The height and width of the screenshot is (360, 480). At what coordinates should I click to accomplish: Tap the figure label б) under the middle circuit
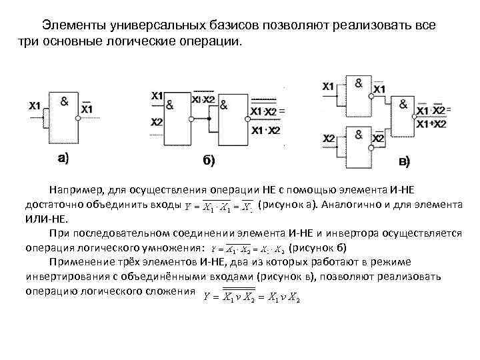point(208,160)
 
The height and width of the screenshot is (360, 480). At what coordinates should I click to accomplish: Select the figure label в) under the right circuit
point(405,161)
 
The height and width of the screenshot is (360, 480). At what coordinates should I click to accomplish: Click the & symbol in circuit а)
point(65,101)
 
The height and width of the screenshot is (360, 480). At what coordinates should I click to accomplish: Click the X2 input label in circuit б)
point(157,122)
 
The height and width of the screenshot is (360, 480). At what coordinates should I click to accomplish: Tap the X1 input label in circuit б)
point(157,96)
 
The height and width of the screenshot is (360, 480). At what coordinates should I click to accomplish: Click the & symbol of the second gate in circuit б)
point(223,104)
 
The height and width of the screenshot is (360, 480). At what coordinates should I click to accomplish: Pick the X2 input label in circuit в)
point(329,138)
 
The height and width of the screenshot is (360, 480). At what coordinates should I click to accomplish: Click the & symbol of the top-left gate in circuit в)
point(359,83)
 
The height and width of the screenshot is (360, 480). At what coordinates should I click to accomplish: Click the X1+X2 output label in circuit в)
point(431,123)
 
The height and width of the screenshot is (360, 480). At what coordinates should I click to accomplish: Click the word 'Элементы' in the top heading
point(69,25)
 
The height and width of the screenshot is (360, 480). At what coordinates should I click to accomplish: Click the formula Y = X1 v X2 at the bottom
point(251,298)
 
